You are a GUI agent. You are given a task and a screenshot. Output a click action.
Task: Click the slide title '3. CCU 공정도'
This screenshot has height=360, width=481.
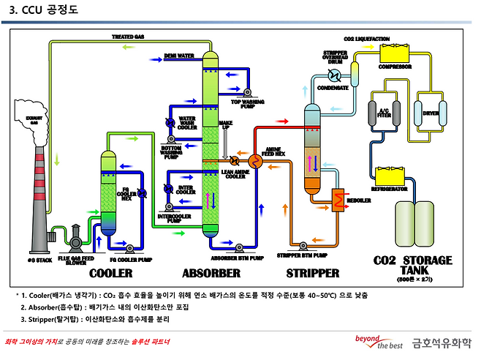(43, 11)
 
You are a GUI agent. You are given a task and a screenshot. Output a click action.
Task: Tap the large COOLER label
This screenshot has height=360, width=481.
(110, 273)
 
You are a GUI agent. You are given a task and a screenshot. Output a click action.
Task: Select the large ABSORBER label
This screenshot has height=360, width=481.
(211, 273)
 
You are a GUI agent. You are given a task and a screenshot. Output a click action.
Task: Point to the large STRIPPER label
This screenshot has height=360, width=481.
(312, 273)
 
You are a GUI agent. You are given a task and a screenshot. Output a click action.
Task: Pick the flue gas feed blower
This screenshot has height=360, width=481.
(75, 236)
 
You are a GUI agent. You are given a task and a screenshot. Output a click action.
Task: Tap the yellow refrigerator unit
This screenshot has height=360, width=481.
(389, 176)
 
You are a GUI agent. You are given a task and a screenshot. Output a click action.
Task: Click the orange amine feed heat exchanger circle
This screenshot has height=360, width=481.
(256, 160)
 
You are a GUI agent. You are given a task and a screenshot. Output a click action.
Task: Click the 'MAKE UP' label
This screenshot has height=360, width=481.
(226, 125)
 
